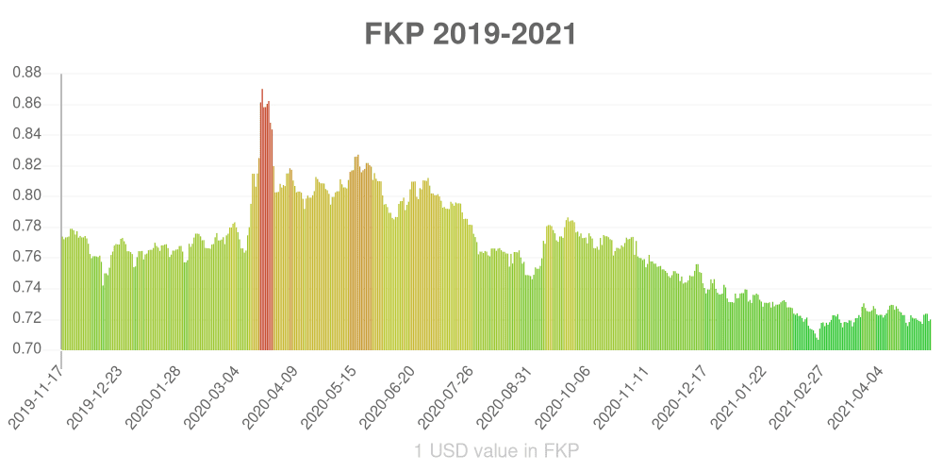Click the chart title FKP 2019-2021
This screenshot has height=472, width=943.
tap(471, 34)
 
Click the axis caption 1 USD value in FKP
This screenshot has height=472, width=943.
tap(496, 451)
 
